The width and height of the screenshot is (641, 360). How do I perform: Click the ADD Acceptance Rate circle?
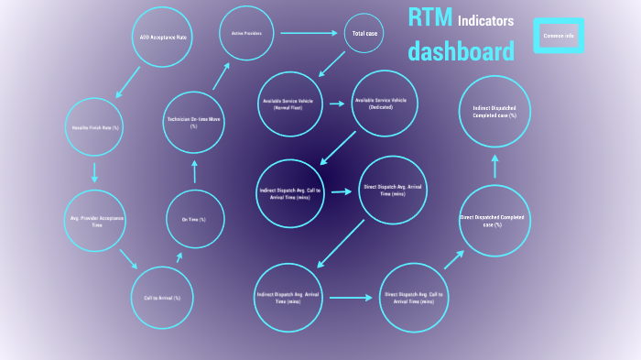(x=163, y=38)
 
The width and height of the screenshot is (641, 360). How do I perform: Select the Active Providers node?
(x=247, y=34)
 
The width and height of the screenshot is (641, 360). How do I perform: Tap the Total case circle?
(x=364, y=34)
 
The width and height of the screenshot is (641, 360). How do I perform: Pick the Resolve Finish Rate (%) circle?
(x=96, y=127)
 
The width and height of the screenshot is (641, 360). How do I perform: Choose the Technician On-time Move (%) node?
(x=193, y=123)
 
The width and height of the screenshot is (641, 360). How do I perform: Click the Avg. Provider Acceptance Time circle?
(x=97, y=221)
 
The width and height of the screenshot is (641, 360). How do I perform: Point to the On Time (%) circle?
(x=193, y=220)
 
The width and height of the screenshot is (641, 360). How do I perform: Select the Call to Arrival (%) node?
(x=162, y=298)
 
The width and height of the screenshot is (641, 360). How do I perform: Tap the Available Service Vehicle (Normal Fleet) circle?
(x=293, y=104)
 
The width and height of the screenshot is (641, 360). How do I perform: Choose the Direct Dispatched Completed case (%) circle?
(x=494, y=221)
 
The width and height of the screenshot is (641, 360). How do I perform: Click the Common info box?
(x=559, y=36)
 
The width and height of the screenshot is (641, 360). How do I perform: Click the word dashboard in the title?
(x=462, y=51)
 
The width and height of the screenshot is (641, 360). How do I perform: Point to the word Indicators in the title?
(x=485, y=21)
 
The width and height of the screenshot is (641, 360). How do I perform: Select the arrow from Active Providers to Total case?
(x=309, y=33)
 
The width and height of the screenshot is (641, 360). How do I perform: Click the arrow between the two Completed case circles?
(x=494, y=167)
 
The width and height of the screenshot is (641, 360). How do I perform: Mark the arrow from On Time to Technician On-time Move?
(x=193, y=171)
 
